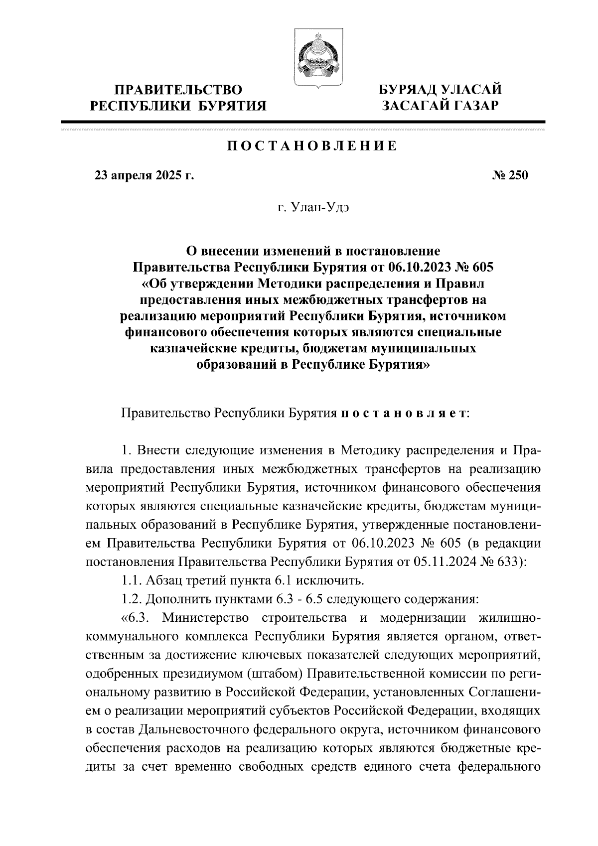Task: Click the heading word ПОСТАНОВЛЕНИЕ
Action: click(312, 146)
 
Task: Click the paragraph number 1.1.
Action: click(132, 580)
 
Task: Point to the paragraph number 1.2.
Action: click(132, 599)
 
